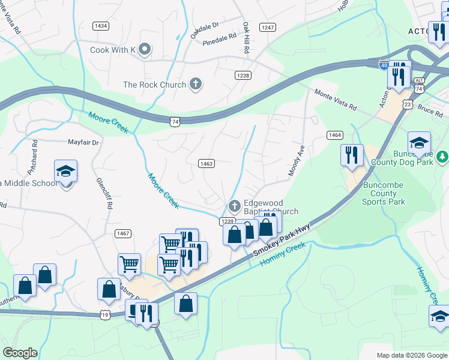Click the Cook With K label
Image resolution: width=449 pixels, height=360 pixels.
[x=112, y=50]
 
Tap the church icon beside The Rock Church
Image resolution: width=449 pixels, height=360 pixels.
[x=194, y=85]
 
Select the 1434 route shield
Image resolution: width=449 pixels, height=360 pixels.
[x=101, y=26]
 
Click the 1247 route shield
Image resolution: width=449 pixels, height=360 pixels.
[x=267, y=28]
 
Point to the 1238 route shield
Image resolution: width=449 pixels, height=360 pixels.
[x=243, y=76]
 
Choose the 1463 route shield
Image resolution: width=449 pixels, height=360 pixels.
[x=206, y=163]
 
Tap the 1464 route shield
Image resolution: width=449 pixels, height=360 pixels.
[x=334, y=136]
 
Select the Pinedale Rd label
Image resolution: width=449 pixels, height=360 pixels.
[x=219, y=38]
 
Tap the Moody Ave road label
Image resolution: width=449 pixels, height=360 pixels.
[x=297, y=160]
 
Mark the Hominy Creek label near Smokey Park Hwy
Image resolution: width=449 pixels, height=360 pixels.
[x=283, y=254]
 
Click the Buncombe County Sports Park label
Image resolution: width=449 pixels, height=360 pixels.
[x=384, y=193]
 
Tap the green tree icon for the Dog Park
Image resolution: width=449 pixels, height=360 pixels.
[x=442, y=157]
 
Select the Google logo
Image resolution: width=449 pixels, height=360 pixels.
[x=20, y=353]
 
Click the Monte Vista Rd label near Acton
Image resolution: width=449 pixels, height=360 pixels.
[x=336, y=99]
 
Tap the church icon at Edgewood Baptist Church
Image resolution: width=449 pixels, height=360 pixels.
[x=234, y=206]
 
